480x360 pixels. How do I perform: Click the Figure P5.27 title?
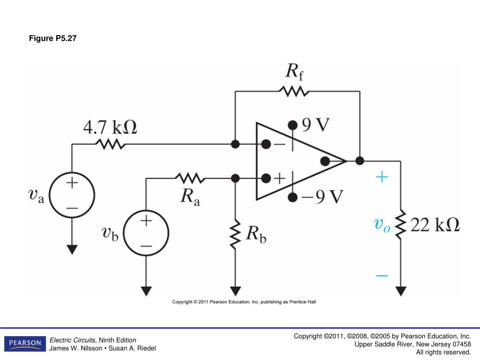tap(52, 38)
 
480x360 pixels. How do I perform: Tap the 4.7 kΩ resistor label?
tap(110, 127)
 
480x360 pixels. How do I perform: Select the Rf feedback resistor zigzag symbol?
tap(294, 91)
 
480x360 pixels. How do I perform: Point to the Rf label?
tap(294, 72)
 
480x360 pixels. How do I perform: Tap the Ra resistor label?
tap(190, 197)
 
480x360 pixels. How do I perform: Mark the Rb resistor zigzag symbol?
tap(235, 234)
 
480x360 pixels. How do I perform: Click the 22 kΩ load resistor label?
tap(435, 225)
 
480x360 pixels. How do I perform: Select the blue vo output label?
tap(382, 225)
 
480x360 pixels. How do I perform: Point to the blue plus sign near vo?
tap(382, 177)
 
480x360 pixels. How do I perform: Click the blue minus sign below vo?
tap(382, 276)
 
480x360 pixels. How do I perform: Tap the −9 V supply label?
tap(322, 196)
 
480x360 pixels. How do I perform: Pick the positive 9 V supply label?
tap(315, 125)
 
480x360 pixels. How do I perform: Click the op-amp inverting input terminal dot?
tap(266, 144)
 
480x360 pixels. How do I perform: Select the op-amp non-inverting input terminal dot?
tap(266, 178)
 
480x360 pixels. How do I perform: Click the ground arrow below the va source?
tap(72, 249)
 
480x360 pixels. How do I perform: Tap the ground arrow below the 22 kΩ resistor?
tap(401, 291)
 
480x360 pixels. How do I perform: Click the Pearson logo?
tap(25, 344)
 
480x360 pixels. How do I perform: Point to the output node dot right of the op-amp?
tap(360, 161)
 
